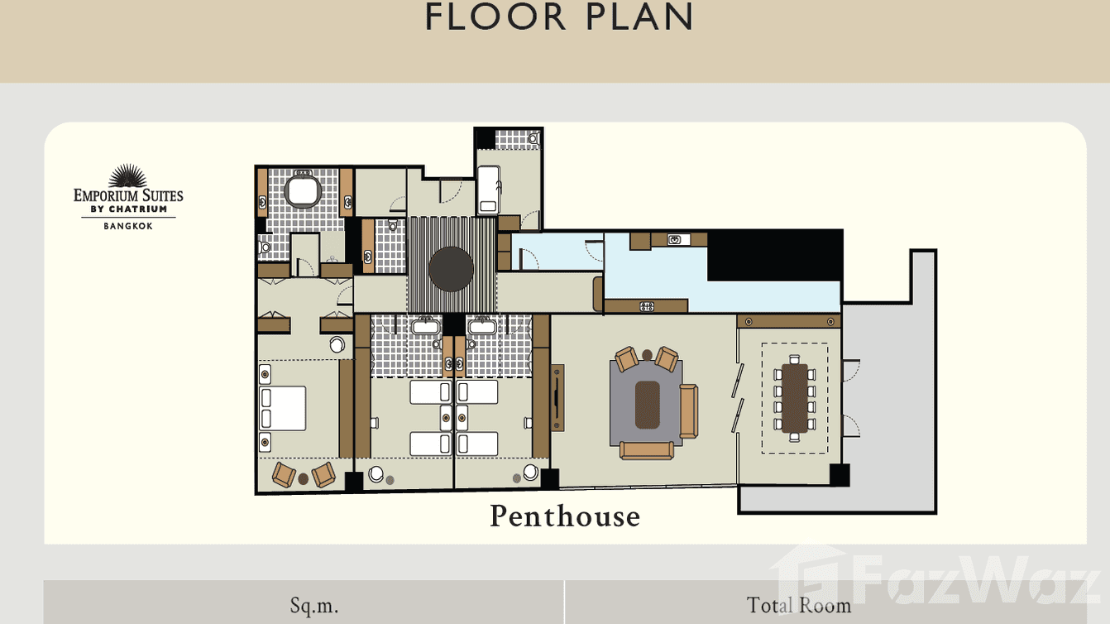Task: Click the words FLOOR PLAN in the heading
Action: click(559, 17)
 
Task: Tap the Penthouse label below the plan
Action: click(565, 516)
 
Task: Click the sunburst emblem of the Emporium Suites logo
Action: click(128, 175)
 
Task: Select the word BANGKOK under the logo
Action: click(128, 226)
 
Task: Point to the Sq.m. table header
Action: click(313, 605)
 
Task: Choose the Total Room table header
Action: click(798, 605)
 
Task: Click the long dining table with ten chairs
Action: click(794, 397)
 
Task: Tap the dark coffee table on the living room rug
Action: click(647, 405)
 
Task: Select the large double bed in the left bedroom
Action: click(283, 408)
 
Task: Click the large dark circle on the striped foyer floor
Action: click(452, 269)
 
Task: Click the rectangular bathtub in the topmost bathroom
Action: click(488, 189)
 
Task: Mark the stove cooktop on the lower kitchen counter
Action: click(647, 306)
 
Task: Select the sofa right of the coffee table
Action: click(688, 411)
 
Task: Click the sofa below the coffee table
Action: click(647, 450)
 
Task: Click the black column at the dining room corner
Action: click(840, 475)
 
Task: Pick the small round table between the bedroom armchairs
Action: click(304, 478)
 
